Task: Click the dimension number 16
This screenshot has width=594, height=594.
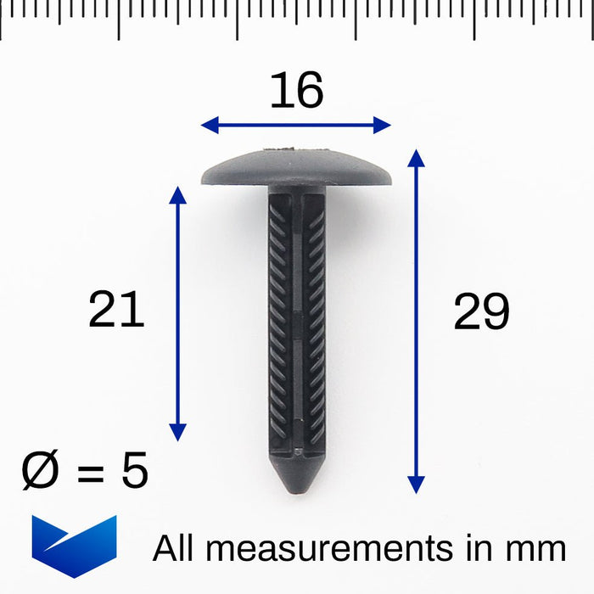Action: tap(296, 91)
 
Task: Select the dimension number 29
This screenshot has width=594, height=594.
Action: tap(481, 311)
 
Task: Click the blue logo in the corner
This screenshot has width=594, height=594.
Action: tap(74, 546)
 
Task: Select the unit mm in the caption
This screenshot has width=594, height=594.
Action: tap(536, 549)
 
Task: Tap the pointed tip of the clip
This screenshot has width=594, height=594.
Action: tap(297, 479)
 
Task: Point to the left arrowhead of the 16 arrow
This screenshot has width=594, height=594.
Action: tap(208, 126)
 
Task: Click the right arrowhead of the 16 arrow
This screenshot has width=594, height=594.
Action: tap(384, 126)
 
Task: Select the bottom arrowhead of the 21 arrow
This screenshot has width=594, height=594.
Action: tap(177, 433)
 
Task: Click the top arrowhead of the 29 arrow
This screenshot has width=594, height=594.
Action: tap(416, 156)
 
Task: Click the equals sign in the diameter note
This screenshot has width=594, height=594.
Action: tap(88, 472)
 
